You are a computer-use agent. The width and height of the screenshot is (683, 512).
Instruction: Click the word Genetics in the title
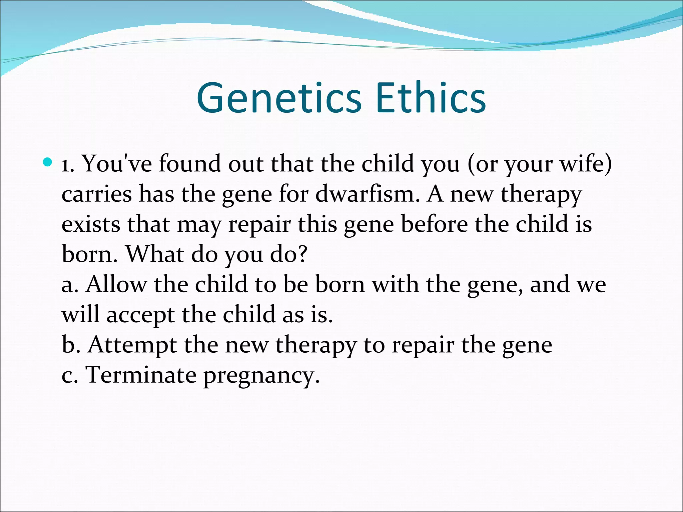(x=279, y=99)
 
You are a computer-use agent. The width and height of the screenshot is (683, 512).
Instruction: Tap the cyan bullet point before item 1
(x=48, y=163)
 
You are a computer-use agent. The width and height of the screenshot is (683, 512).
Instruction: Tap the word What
(x=155, y=254)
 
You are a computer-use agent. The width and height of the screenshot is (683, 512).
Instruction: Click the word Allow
(x=116, y=285)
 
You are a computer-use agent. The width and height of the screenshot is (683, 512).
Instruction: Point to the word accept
(x=140, y=315)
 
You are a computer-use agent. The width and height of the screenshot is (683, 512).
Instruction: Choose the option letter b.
(x=68, y=345)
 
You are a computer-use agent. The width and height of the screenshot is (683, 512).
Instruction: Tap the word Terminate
(x=141, y=375)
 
